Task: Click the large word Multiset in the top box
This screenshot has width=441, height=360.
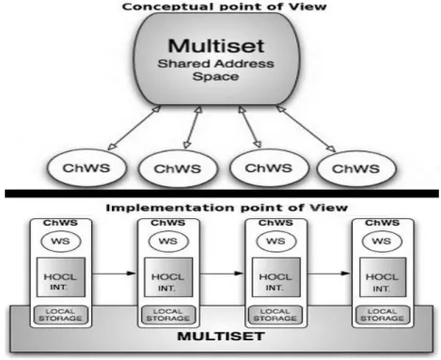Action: pyautogui.click(x=216, y=46)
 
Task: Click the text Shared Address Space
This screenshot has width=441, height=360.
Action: pyautogui.click(x=215, y=70)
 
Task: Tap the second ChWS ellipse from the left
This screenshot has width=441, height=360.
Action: pyautogui.click(x=178, y=168)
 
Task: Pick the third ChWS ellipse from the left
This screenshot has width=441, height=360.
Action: pyautogui.click(x=268, y=168)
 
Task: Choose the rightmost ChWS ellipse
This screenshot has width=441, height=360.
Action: pyautogui.click(x=356, y=169)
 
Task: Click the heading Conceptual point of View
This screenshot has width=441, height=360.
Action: pyautogui.click(x=225, y=7)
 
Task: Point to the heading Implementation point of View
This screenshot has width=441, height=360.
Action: pyautogui.click(x=227, y=208)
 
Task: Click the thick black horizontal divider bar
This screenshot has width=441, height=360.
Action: pyautogui.click(x=222, y=194)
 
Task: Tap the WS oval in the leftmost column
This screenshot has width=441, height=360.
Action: pyautogui.click(x=61, y=242)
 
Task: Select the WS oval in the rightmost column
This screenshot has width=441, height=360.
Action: pyautogui.click(x=382, y=242)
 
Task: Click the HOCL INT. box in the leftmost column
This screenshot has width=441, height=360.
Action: pyautogui.click(x=61, y=277)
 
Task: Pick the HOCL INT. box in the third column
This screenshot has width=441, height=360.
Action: pyautogui.click(x=276, y=277)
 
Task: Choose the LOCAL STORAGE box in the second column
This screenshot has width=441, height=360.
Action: pyautogui.click(x=168, y=315)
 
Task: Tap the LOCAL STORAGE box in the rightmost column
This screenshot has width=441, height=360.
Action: pyautogui.click(x=383, y=315)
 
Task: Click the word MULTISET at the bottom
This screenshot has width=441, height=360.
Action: pyautogui.click(x=221, y=337)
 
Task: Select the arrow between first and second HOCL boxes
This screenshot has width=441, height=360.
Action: pyautogui.click(x=114, y=274)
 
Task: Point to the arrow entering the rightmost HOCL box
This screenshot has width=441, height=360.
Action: pyautogui.click(x=329, y=274)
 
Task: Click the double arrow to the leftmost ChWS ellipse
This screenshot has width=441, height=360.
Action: pyautogui.click(x=134, y=128)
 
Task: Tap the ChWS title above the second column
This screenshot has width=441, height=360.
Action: pyautogui.click(x=168, y=223)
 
